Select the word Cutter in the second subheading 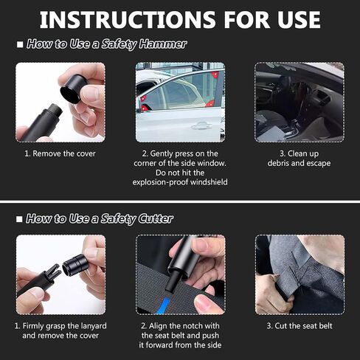[x=156, y=218]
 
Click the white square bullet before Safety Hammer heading [x=20, y=44]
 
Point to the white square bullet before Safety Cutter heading [x=19, y=219]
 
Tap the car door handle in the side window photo [x=201, y=126]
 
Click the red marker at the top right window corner [x=215, y=75]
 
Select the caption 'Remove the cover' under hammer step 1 [x=60, y=153]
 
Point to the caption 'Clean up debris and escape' [x=299, y=159]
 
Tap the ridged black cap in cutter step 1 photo [x=75, y=265]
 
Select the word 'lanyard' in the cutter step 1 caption [x=94, y=326]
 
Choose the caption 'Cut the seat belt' [x=300, y=326]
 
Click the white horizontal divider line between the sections [x=180, y=202]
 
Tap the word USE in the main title [x=299, y=20]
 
